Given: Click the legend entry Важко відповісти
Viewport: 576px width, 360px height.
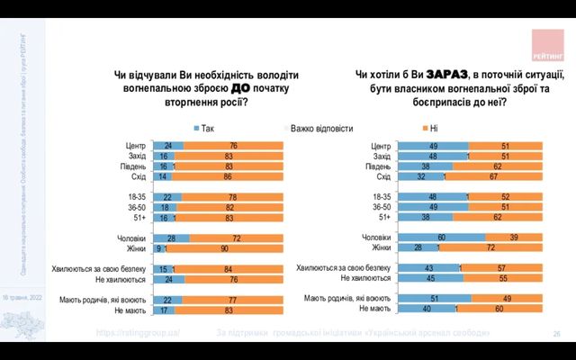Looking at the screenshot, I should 319,128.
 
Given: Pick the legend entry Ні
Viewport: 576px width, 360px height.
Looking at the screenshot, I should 429,128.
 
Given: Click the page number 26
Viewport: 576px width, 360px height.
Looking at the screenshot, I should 556,334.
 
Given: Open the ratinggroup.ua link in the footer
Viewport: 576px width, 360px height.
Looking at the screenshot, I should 139,333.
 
